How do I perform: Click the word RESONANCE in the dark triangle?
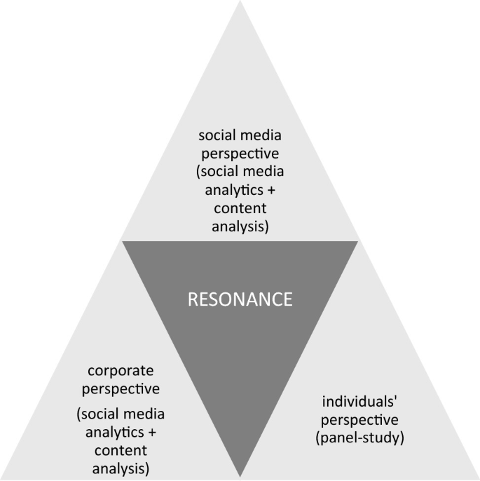(240, 299)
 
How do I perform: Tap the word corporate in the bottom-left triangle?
(120, 370)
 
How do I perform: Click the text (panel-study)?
(359, 438)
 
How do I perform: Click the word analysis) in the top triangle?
(240, 226)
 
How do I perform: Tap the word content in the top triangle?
(240, 208)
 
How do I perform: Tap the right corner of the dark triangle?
(358, 241)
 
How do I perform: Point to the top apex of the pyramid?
(240, 2)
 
